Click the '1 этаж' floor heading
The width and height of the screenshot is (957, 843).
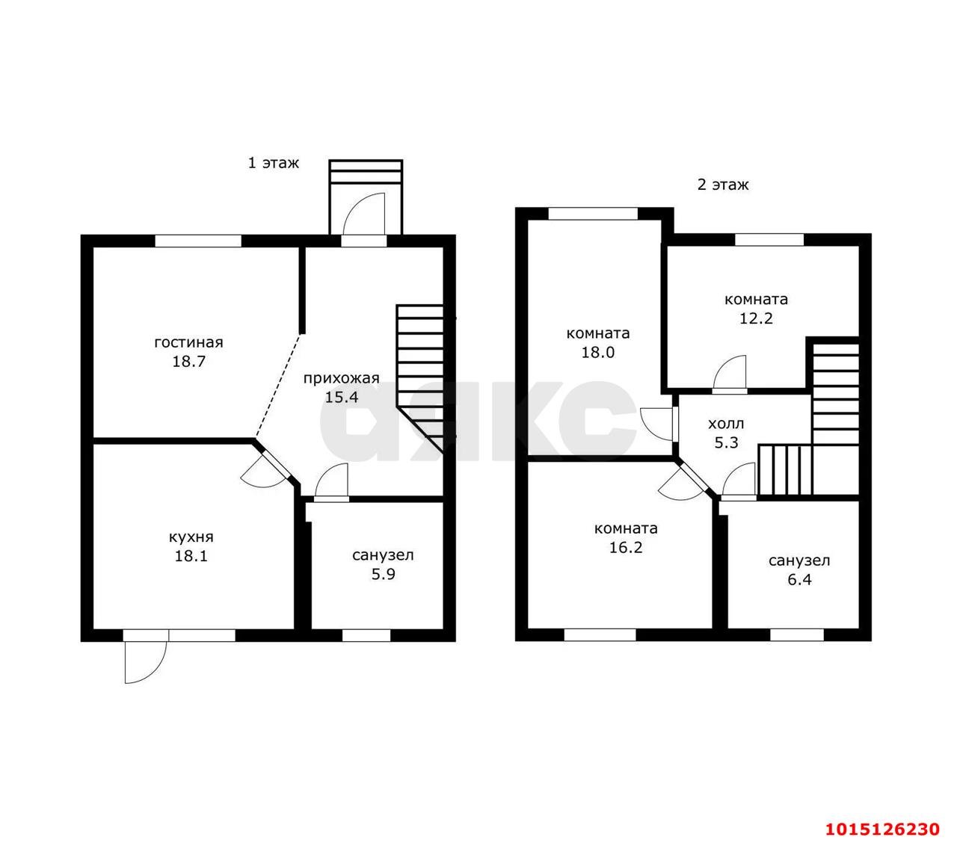[x=274, y=163]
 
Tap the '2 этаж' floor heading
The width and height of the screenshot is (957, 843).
[x=723, y=184]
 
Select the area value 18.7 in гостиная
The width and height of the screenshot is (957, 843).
[x=188, y=361]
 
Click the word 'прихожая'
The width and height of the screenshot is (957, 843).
[x=341, y=378]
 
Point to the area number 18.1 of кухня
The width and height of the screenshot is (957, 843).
[x=191, y=556]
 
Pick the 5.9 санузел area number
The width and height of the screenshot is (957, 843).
[x=383, y=574]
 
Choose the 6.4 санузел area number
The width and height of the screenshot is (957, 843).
[x=799, y=579]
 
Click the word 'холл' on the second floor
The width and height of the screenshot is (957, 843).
[x=725, y=424]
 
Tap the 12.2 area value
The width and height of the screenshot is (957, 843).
[x=756, y=318]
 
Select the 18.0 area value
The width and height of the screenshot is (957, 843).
[x=597, y=352]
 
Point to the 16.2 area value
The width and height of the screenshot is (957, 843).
[x=625, y=547]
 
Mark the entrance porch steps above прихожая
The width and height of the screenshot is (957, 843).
[x=366, y=171]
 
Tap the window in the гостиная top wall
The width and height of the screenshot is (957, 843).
[x=198, y=241]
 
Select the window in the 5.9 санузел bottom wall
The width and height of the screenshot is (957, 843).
[x=366, y=636]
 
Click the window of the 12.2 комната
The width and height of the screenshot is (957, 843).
[x=769, y=239]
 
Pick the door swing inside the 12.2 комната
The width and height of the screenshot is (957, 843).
[x=729, y=374]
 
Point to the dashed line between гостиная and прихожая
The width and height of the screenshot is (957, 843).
[x=278, y=385]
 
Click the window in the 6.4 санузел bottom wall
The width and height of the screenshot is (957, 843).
[x=797, y=635]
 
